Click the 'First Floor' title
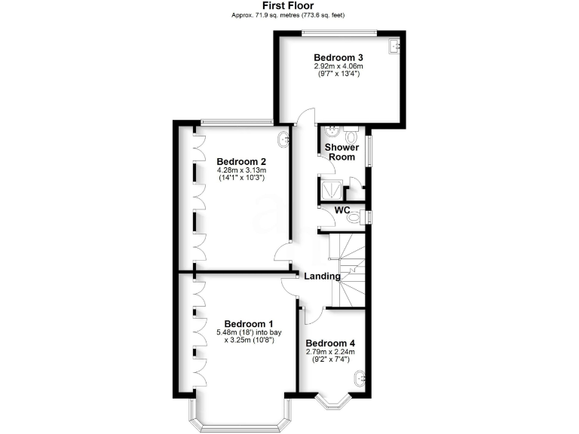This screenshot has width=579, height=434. pos(289,5)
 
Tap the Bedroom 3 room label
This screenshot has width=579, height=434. pos(339,57)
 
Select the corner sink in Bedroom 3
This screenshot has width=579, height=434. pos(394,46)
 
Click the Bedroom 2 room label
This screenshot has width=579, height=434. pos(241,161)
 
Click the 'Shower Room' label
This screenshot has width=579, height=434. pos(342,152)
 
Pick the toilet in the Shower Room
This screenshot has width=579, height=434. pos(352,136)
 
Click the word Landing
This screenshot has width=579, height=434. pos(322,277)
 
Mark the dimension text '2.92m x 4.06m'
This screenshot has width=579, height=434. pos(339,66)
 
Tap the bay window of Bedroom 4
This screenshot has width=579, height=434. pos(332,401)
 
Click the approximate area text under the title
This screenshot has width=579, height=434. pos(289,15)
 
